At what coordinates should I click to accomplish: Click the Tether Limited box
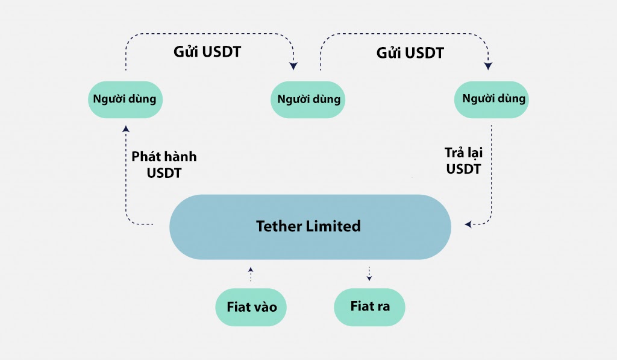[310, 227]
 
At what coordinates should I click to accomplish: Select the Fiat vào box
[251, 307]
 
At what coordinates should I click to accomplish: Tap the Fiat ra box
[369, 306]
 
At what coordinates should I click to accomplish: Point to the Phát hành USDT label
[164, 165]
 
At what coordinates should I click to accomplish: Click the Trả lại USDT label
[463, 161]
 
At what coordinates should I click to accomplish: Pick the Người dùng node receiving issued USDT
[125, 99]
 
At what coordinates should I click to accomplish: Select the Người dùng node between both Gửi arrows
[308, 99]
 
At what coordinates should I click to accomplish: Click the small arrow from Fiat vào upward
[251, 273]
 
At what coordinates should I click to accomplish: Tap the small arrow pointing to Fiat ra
[369, 273]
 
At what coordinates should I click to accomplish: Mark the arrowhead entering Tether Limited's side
[468, 224]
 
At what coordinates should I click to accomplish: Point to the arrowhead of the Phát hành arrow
[125, 128]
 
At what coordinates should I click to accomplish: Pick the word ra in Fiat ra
[383, 306]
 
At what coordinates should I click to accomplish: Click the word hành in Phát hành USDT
[180, 157]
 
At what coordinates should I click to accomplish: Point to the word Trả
[447, 153]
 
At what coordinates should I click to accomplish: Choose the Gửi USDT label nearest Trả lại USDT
[410, 53]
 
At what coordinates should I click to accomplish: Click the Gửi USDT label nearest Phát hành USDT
[207, 52]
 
